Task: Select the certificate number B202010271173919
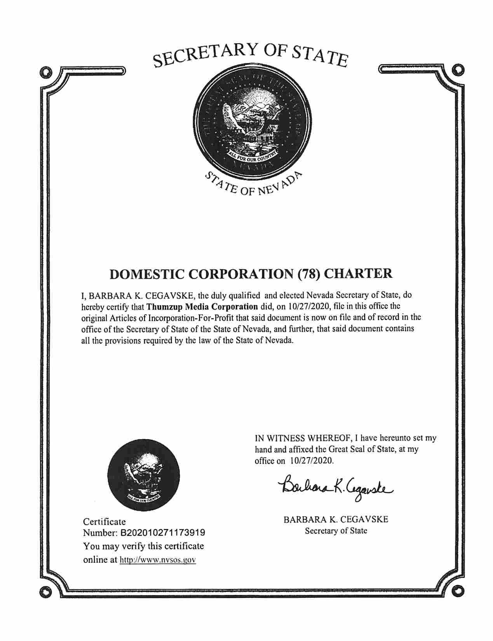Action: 164,532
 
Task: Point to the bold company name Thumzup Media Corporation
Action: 202,306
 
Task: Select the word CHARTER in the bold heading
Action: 358,274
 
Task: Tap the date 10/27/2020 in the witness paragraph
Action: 311,461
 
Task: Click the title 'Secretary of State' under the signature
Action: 336,531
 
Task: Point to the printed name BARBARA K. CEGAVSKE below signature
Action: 336,519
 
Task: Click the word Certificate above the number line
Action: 105,521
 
